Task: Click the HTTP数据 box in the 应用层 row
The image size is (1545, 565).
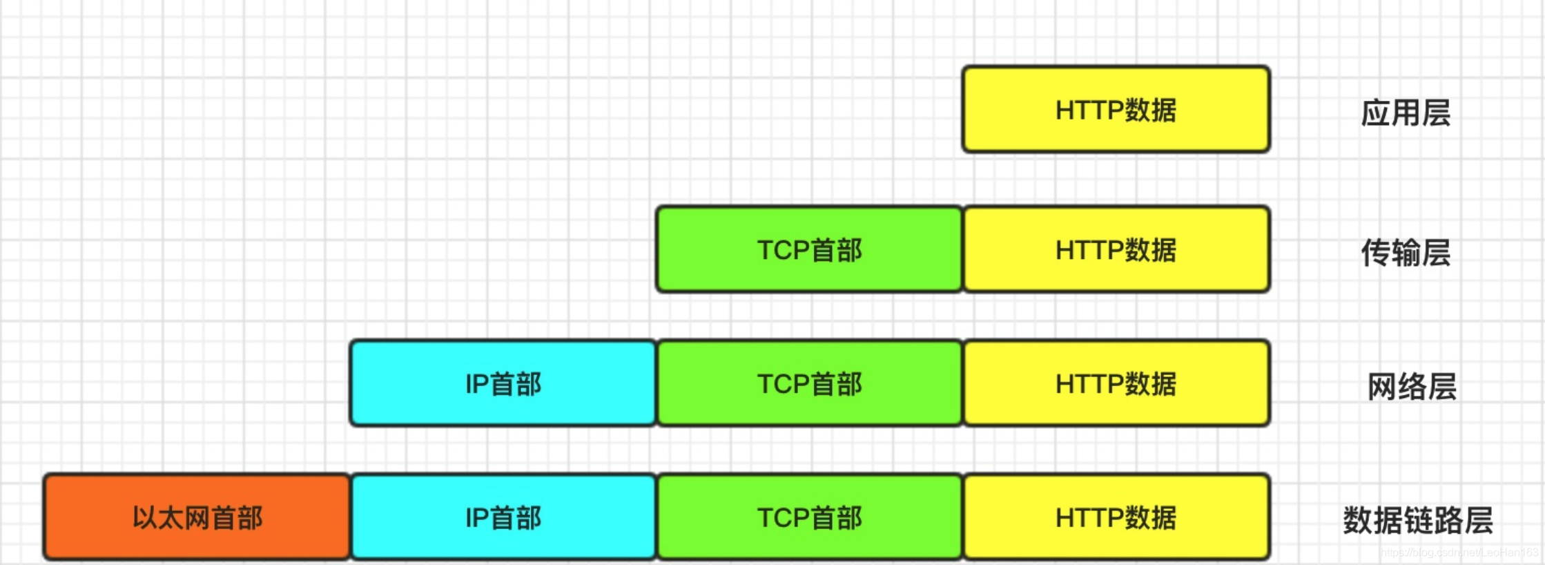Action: (x=1116, y=109)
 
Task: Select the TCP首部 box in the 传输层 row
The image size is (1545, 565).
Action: (x=809, y=249)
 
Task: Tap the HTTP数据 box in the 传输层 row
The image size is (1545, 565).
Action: (x=1116, y=249)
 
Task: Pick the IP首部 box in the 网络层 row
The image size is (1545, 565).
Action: (x=503, y=383)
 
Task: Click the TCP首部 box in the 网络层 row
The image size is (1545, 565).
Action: (x=809, y=383)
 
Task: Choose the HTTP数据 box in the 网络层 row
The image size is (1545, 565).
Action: (x=1116, y=383)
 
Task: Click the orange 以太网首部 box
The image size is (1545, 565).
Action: (x=197, y=517)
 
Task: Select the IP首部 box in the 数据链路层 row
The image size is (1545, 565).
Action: (x=503, y=517)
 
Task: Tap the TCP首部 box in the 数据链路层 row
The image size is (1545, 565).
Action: (x=809, y=517)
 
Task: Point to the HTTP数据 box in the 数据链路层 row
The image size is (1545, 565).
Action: (x=1116, y=517)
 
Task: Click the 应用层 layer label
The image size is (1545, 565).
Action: (x=1406, y=113)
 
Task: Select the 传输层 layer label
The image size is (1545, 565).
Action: (x=1406, y=253)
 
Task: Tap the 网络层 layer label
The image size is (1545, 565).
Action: (x=1412, y=386)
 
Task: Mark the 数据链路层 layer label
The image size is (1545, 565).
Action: (x=1418, y=520)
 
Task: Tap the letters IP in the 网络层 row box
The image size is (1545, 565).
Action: (x=476, y=384)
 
